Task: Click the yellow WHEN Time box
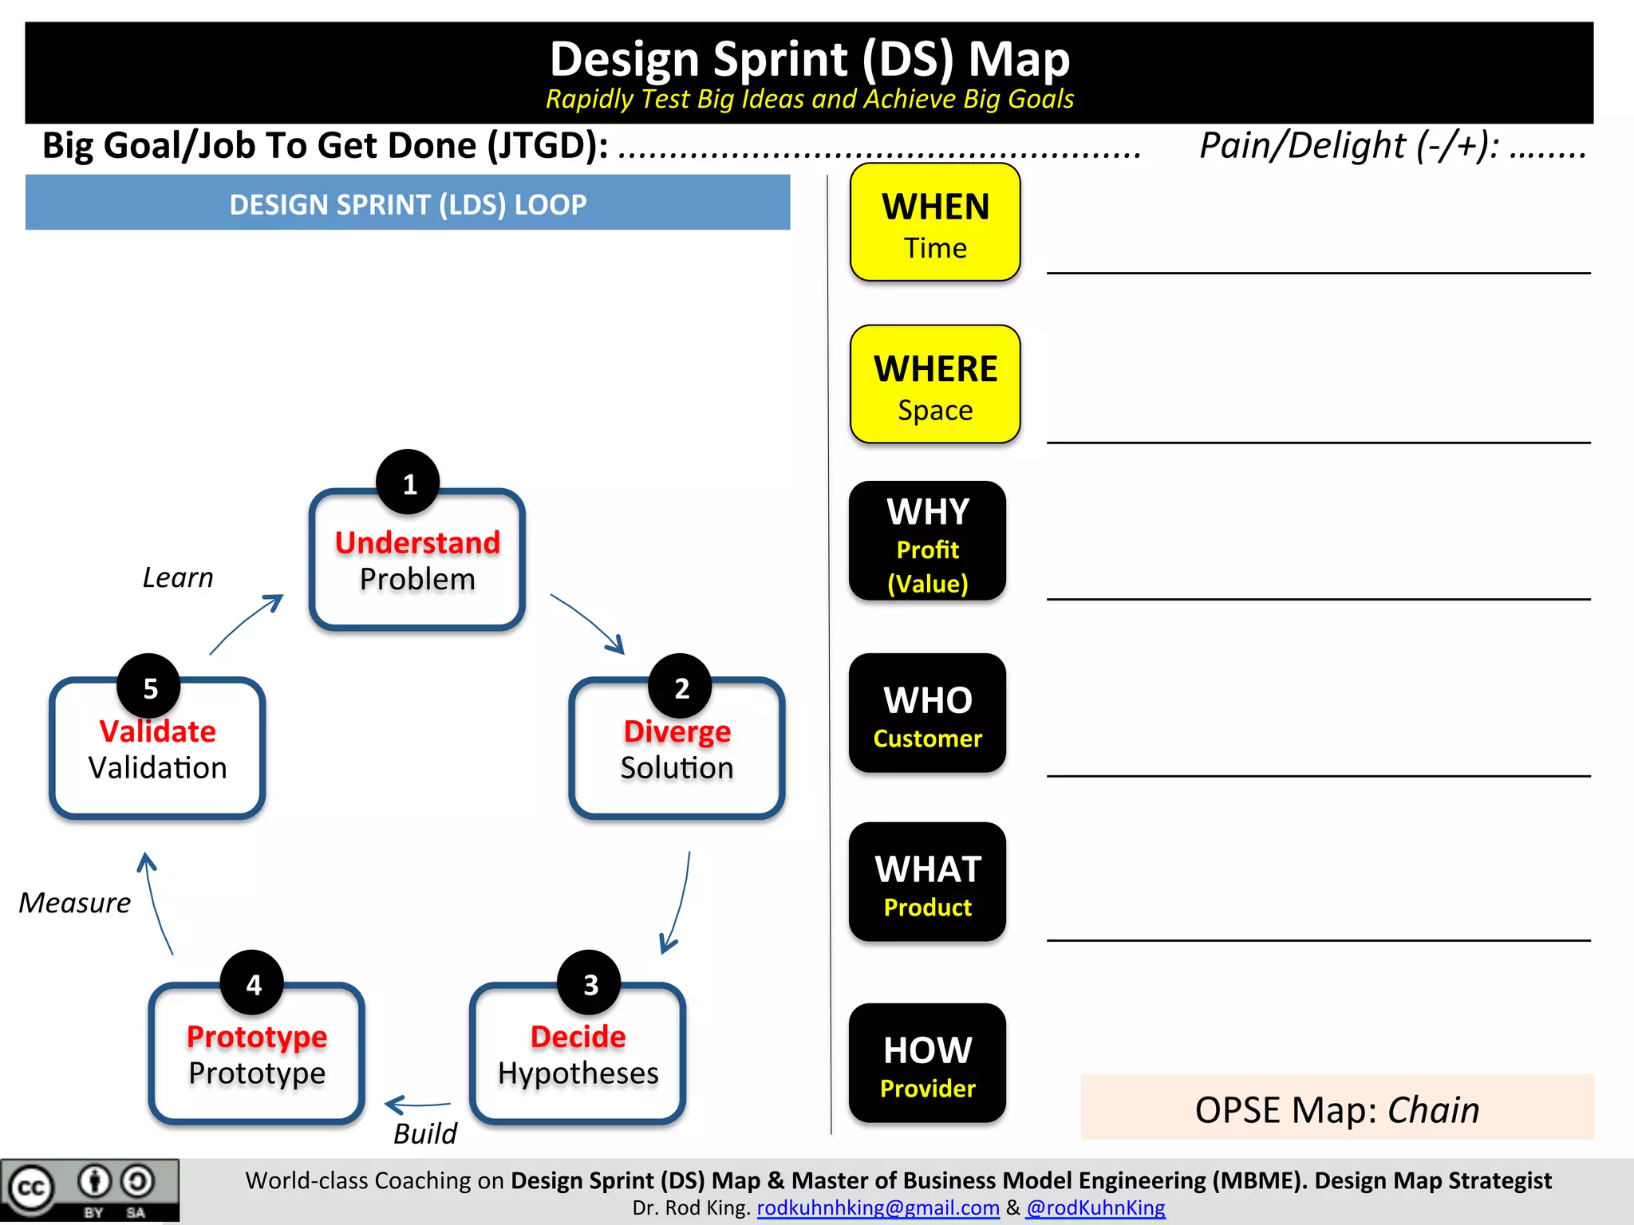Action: [935, 223]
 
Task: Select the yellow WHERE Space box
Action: [935, 384]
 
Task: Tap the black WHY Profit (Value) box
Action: [927, 542]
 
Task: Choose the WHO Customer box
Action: [927, 714]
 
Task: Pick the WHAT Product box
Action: [927, 883]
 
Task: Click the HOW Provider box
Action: [927, 1064]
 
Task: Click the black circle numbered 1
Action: [408, 483]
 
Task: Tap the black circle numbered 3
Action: [590, 984]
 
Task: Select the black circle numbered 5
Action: [149, 687]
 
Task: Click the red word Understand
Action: [417, 542]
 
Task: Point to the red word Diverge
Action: [677, 731]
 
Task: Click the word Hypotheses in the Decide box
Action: [578, 1073]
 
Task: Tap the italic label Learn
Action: [178, 577]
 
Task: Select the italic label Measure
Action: [74, 903]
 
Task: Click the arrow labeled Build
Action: [417, 1105]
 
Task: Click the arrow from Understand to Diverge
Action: [587, 623]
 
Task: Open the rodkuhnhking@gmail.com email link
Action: [878, 1207]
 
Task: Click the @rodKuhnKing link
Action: [1095, 1207]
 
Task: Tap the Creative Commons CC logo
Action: [30, 1188]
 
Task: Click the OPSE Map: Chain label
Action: [1336, 1109]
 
